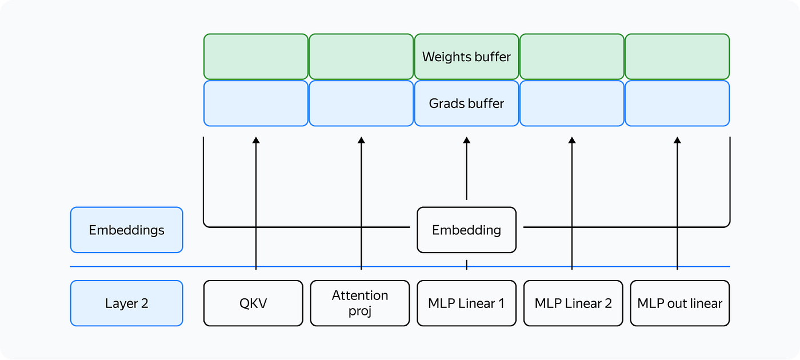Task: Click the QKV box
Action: coord(253,303)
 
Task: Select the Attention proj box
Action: coord(360,303)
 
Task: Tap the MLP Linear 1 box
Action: coord(466,303)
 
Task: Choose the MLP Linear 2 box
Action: coord(573,303)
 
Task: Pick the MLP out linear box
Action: coord(679,303)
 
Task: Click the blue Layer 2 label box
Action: coord(126,303)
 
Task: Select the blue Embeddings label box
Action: coord(126,230)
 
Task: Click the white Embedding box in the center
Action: coord(466,230)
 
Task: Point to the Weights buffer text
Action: coord(466,57)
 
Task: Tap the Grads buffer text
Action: coord(466,103)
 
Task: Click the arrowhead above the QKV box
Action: coord(256,140)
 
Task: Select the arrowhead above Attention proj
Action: coord(361,140)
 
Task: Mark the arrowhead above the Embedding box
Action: coord(466,140)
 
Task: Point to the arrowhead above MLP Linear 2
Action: coord(572,140)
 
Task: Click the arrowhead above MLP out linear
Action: coord(677,140)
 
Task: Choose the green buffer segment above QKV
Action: coord(255,57)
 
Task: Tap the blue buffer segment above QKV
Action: coord(255,103)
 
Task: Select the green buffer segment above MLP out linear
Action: coord(677,57)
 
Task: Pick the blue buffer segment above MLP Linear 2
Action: coord(571,103)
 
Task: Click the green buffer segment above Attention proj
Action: coord(361,57)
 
